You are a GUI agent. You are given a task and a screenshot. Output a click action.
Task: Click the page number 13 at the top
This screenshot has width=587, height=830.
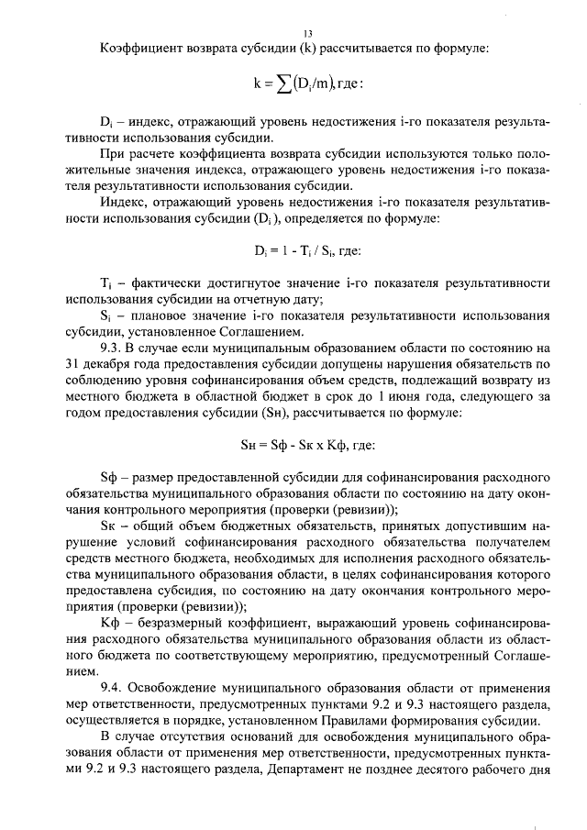(294, 32)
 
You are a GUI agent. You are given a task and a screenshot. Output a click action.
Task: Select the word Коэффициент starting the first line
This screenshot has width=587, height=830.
(142, 48)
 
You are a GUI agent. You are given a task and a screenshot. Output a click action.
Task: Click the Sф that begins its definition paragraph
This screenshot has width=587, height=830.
(108, 480)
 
